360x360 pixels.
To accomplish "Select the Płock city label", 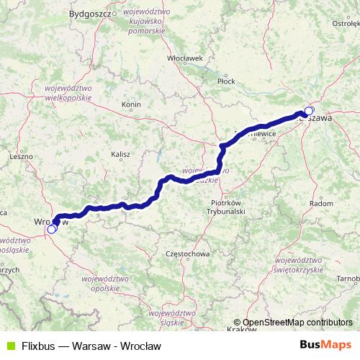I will pyautogui.click(x=226, y=81).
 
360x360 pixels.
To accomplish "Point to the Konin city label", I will pyautogui.click(x=131, y=104).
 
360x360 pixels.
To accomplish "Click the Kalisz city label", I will pyautogui.click(x=120, y=153).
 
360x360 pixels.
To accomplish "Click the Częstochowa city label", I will pyautogui.click(x=187, y=254).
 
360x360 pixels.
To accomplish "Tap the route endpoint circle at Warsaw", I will pyautogui.click(x=309, y=111).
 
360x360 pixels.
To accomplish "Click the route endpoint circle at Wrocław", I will pyautogui.click(x=52, y=229).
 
